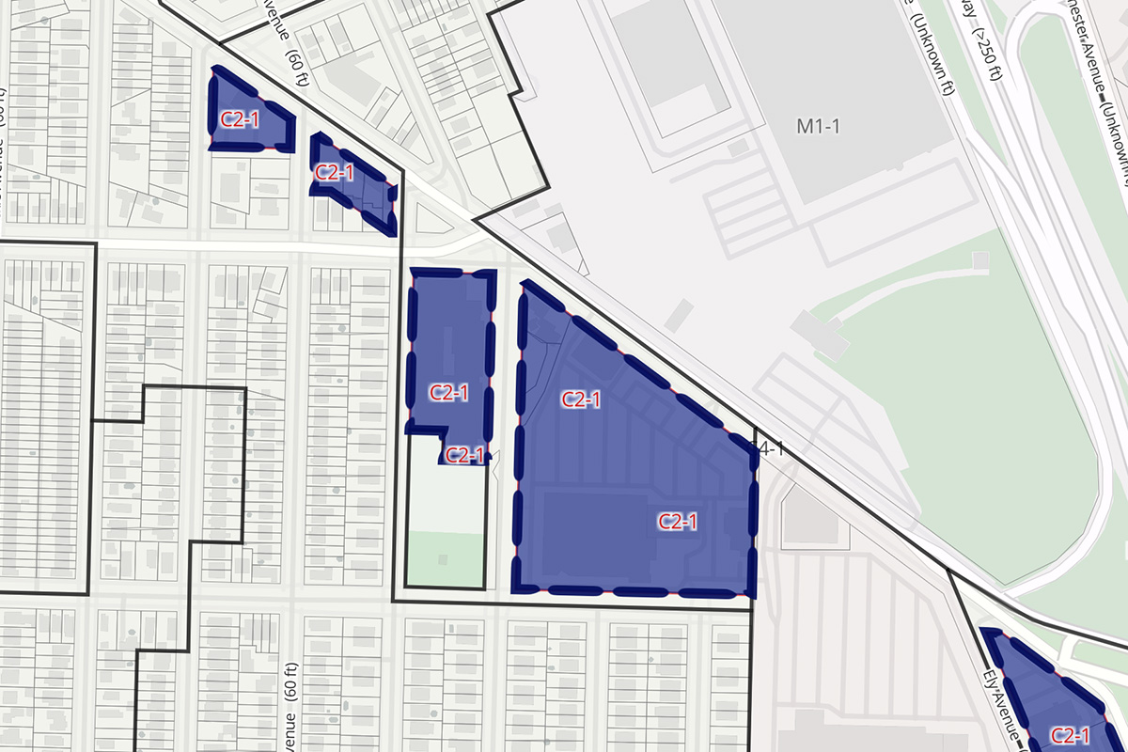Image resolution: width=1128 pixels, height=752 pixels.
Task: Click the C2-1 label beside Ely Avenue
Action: click(1070, 735)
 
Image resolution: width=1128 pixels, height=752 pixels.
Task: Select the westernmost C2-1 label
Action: click(239, 118)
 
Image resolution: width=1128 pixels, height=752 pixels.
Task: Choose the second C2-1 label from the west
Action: click(334, 172)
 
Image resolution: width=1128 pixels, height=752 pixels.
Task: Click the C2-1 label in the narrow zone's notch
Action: click(464, 455)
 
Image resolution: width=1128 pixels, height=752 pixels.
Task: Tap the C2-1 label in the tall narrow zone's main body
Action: click(448, 392)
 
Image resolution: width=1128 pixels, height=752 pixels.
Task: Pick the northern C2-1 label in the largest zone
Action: click(581, 399)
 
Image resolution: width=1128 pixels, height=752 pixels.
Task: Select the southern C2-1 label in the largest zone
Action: click(677, 522)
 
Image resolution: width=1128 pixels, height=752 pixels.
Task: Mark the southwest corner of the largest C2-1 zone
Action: click(515, 590)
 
